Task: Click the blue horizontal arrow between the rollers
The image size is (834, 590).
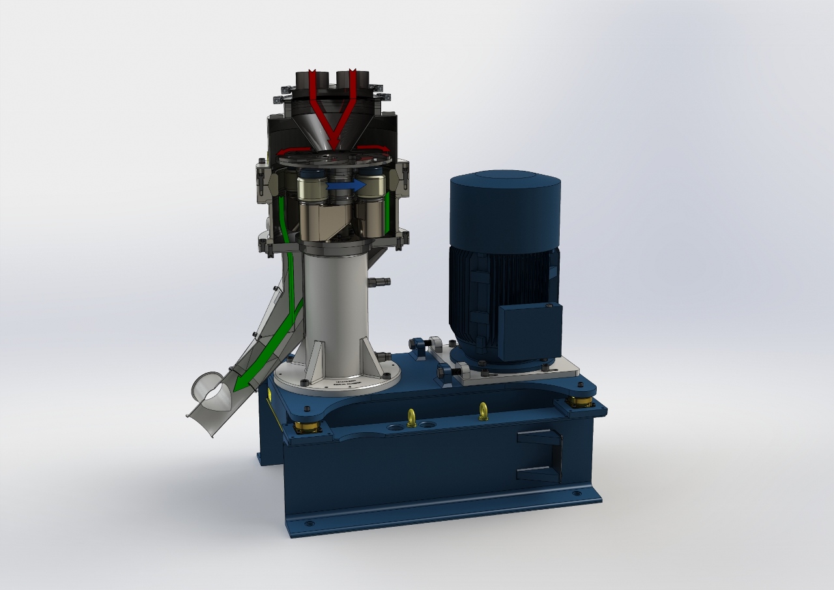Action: click(346, 186)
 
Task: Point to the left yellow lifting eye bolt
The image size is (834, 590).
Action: click(412, 417)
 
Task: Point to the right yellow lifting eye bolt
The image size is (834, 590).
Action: click(483, 411)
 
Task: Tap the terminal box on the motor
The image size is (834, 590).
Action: click(529, 332)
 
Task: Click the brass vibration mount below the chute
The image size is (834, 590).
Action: click(306, 428)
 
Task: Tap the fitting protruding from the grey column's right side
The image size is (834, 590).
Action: click(380, 282)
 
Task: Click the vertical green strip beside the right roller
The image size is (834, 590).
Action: click(388, 212)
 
